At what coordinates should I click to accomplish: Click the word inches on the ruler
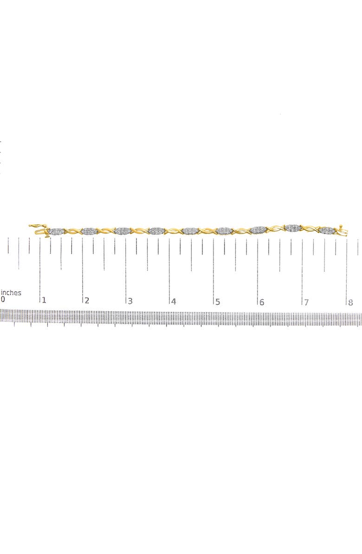pos(11,293)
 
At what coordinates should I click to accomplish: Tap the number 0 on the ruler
pos(3,300)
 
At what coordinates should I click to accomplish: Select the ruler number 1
pos(44,301)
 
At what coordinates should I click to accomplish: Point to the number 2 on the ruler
pos(87,301)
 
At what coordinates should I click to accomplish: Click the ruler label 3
pos(130,302)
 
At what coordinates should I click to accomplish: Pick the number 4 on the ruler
pos(174,302)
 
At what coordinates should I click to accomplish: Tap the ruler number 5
pos(217,302)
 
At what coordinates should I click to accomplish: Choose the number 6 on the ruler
pos(262,302)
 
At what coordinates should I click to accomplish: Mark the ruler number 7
pos(306,302)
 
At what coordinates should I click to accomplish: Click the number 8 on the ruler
pos(350,303)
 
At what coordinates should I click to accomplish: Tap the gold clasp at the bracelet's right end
pos(343,229)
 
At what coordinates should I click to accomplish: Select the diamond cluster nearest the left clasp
pos(56,231)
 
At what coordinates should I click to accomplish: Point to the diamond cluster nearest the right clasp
pos(328,230)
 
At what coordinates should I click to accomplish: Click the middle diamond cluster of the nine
pos(191,231)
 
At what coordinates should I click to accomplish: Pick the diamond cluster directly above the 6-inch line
pos(258,230)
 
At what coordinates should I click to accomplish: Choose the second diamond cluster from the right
pos(293,227)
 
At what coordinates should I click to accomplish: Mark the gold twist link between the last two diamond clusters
pos(310,229)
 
